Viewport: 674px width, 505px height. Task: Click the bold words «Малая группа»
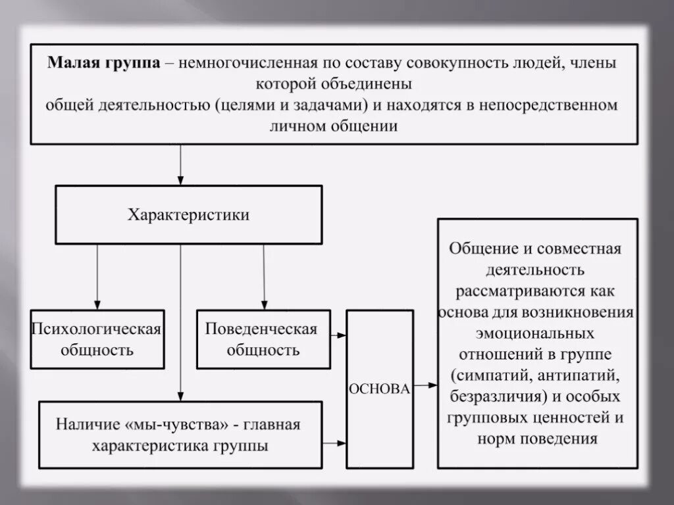pos(103,64)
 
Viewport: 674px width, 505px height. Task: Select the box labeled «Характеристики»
pos(188,215)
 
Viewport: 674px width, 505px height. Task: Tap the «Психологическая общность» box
pos(97,339)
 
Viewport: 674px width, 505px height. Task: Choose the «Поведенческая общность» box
pos(262,339)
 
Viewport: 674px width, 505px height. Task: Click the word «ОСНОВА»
pos(380,389)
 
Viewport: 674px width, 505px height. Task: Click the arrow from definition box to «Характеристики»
pos(180,164)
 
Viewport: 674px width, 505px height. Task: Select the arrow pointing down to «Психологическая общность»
pos(97,276)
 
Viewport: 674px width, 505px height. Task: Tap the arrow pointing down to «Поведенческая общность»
pos(264,276)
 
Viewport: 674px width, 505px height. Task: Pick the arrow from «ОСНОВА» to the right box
pos(425,386)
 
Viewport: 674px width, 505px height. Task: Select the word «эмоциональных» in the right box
pos(537,333)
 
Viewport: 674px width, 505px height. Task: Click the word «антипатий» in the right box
pos(581,376)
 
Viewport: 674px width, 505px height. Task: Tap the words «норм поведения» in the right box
pos(537,439)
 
